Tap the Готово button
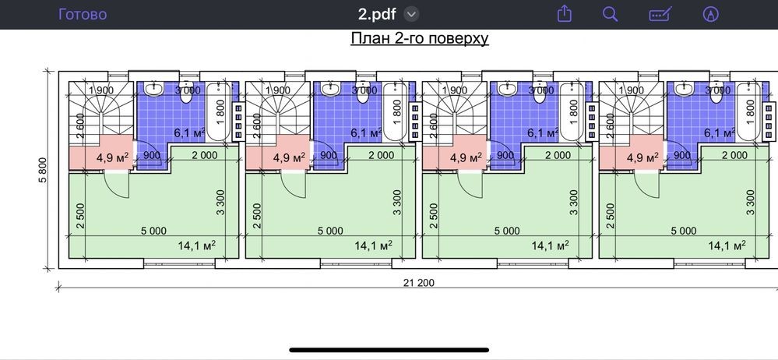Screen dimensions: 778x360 pos(83,14)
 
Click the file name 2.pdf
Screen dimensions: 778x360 pos(377,14)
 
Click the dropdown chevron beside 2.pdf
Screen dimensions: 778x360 pos(411,14)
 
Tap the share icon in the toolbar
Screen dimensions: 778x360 pos(564,13)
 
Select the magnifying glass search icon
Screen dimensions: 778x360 pos(611,14)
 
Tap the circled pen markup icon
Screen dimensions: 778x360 pos(711,14)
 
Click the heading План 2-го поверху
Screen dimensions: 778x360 pos(420,38)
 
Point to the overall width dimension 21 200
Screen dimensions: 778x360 pos(419,283)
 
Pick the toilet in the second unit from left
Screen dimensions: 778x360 pos(363,93)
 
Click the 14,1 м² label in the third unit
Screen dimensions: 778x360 pos(551,245)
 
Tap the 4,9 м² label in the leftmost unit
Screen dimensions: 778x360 pos(113,158)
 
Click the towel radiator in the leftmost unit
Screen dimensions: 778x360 pos(238,121)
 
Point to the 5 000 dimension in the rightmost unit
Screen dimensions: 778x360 pos(684,231)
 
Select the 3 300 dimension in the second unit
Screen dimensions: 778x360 pos(397,202)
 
